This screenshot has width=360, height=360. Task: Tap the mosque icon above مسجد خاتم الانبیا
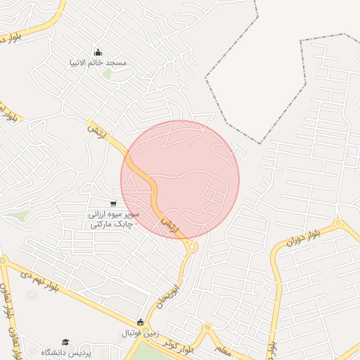point(98,52)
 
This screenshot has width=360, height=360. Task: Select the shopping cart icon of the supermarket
point(113,203)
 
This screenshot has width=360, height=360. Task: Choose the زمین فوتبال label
point(141,333)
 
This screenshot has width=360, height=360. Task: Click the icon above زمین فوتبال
point(141,322)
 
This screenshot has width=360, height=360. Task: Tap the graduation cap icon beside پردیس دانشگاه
point(65,342)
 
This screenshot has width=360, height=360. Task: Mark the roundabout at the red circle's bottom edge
point(191,246)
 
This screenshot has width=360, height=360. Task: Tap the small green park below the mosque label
point(107,72)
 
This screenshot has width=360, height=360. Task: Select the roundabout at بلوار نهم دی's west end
point(4,262)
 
